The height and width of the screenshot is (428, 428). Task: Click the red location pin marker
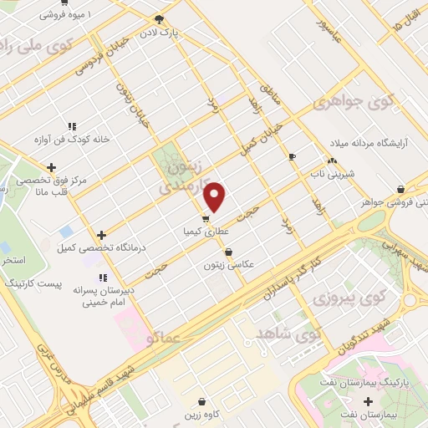pyautogui.click(x=216, y=196)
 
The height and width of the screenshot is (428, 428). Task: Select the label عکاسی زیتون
pyautogui.click(x=228, y=265)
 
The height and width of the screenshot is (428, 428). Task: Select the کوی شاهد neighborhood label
pyautogui.click(x=295, y=335)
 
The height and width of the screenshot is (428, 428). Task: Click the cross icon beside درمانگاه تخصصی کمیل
pyautogui.click(x=102, y=236)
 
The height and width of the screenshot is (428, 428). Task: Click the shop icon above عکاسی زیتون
pyautogui.click(x=228, y=252)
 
